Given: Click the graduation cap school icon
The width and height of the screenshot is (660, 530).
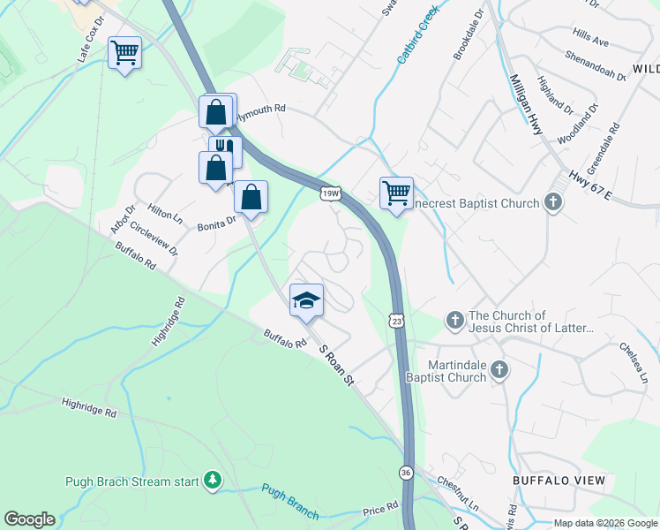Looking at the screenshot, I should [x=306, y=300].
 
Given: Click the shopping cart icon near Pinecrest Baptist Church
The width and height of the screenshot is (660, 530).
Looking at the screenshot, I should [x=396, y=192].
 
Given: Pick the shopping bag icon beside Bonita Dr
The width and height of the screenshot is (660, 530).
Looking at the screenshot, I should [x=251, y=198].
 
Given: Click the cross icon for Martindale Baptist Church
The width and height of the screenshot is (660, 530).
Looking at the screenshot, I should [x=499, y=369].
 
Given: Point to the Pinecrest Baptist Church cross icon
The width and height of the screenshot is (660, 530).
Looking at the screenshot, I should [x=553, y=204].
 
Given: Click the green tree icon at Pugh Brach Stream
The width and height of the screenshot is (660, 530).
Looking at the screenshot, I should [x=212, y=481].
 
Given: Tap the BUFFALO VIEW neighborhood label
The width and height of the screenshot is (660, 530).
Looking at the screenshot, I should [x=559, y=481].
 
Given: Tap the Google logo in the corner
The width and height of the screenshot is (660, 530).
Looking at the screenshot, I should [x=29, y=519].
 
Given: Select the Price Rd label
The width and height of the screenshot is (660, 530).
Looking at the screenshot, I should [x=381, y=511].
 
